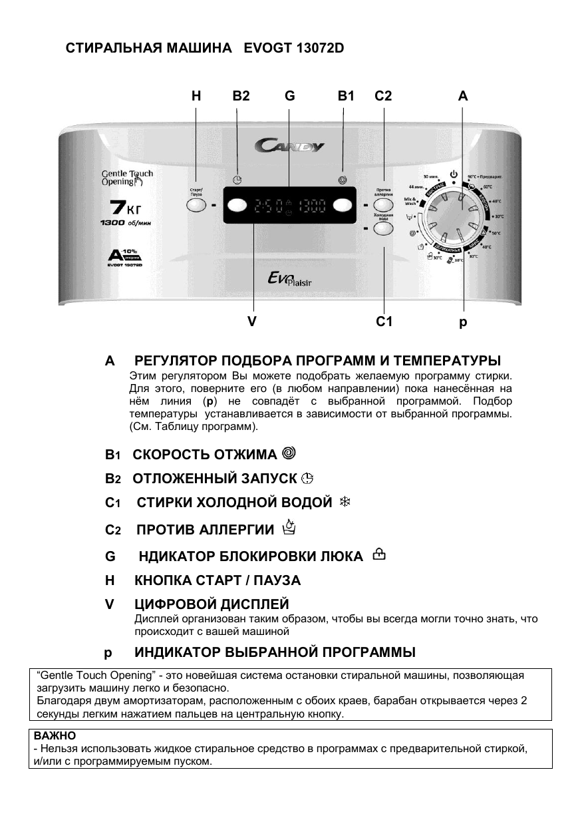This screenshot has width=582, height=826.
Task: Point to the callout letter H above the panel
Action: point(196,97)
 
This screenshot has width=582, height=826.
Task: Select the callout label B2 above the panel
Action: point(241,97)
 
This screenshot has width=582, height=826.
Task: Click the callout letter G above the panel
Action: point(289,97)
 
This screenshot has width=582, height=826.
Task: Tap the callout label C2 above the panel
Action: point(383,97)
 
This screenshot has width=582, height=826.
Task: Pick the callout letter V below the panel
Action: point(252,322)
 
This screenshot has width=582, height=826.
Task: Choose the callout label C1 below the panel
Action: point(384,322)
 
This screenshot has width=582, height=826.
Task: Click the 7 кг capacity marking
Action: point(124,208)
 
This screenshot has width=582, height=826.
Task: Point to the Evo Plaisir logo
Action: point(289,284)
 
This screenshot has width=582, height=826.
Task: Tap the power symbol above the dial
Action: point(454,175)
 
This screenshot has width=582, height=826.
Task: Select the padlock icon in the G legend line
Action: point(379,554)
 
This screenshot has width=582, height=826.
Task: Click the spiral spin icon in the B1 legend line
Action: point(289,453)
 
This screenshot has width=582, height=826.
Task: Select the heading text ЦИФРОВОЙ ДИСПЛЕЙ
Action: point(212,604)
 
